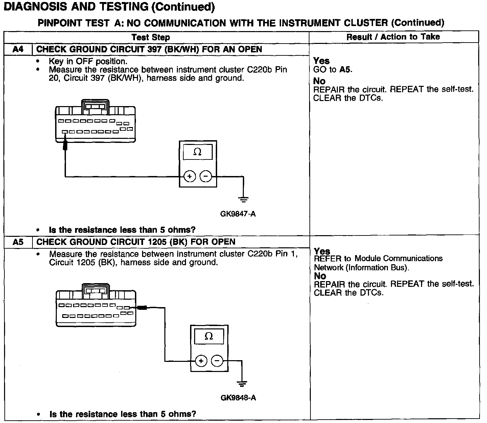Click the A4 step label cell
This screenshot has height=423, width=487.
point(18,49)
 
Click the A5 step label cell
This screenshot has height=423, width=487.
point(18,242)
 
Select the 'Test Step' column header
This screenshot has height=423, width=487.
point(150,37)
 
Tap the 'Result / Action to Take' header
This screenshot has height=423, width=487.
point(393,37)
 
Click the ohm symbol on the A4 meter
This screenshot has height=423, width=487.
point(198,152)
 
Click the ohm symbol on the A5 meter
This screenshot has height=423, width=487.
point(209,337)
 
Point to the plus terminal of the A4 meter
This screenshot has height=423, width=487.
point(190,176)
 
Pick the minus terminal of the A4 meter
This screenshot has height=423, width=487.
point(206,176)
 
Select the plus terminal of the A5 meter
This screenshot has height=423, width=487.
point(201,361)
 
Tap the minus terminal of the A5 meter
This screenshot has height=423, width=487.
point(217,361)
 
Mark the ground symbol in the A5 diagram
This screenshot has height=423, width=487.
point(241,383)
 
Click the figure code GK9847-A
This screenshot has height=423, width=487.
point(238,214)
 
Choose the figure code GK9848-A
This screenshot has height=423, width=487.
point(238,398)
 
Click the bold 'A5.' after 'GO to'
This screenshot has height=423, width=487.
point(346,70)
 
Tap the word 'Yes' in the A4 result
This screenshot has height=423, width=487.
point(321,61)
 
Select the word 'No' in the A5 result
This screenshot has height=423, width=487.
point(320,276)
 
